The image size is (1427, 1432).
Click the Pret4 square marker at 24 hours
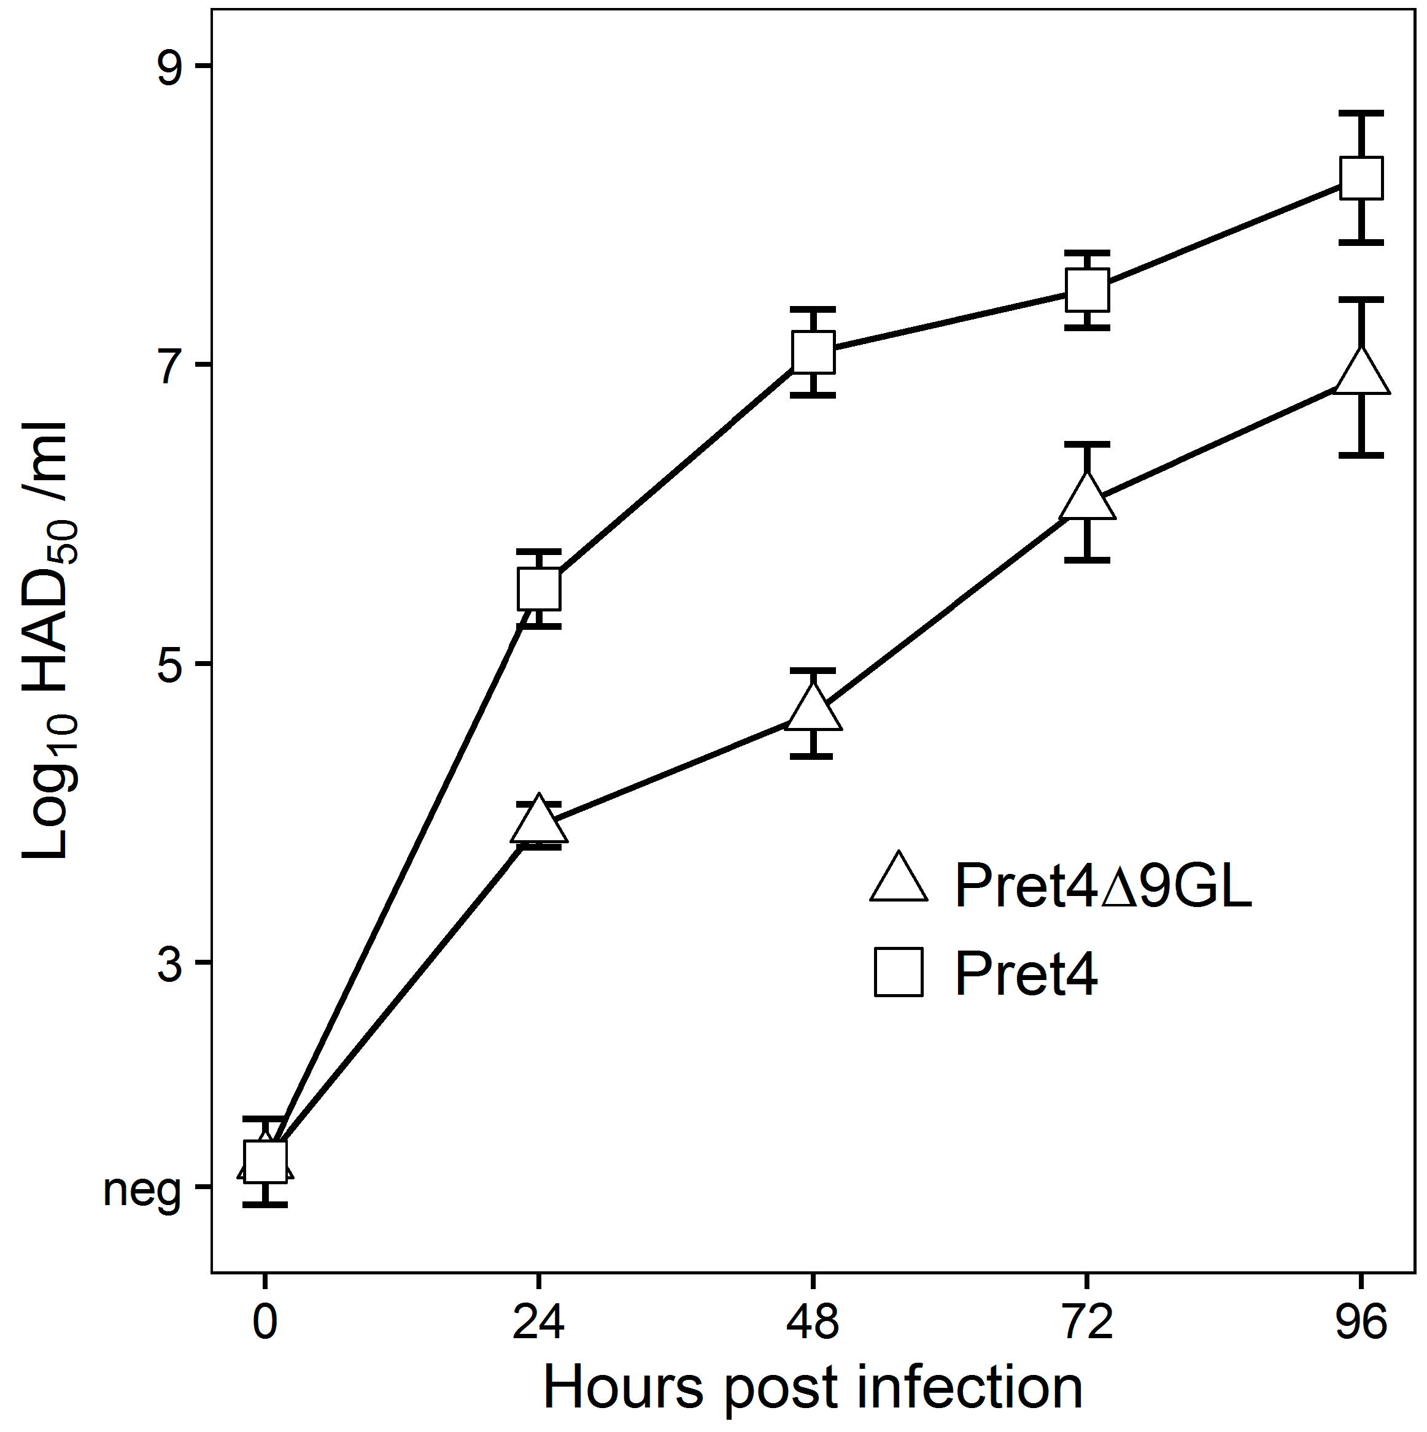tap(539, 589)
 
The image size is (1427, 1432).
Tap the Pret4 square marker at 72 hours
tap(1088, 290)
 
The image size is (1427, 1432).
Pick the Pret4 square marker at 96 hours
tap(1362, 178)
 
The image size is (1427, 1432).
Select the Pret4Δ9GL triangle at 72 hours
tap(1088, 499)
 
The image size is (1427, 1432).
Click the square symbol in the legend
tap(898, 971)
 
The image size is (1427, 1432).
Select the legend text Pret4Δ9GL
tap(1102, 885)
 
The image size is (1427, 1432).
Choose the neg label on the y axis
tap(142, 1191)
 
